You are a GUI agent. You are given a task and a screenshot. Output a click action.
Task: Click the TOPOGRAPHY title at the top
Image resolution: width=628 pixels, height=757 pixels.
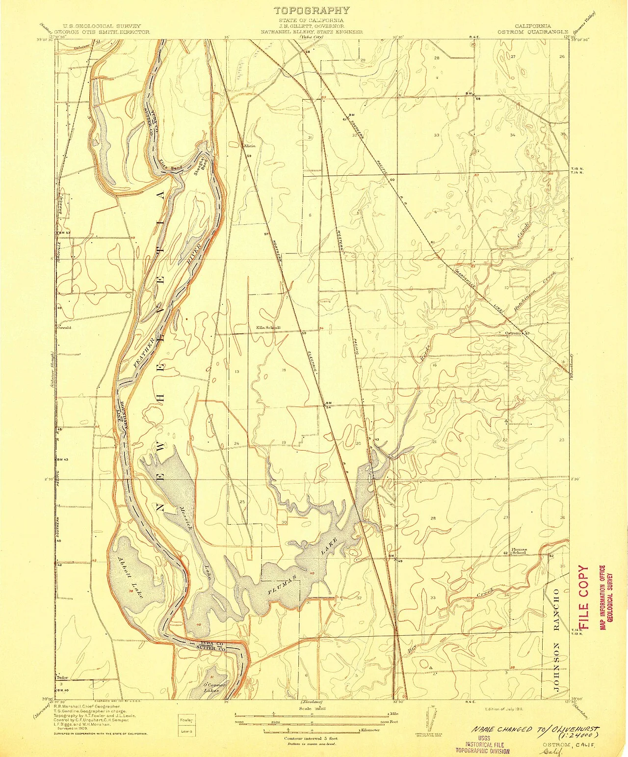point(312,10)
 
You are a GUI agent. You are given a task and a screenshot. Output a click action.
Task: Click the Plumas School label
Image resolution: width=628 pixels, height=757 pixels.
point(519,551)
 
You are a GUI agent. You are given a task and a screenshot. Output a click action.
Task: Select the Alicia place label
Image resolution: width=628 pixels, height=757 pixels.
point(249,146)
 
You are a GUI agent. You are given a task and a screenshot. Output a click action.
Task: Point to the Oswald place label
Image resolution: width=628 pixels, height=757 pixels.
point(64,327)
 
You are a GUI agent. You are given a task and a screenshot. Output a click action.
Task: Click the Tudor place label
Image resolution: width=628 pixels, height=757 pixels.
point(62,677)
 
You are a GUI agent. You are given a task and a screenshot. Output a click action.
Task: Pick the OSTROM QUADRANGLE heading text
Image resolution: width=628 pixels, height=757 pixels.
point(532,31)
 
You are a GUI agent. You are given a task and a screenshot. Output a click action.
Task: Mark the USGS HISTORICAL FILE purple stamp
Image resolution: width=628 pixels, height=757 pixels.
point(483,744)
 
